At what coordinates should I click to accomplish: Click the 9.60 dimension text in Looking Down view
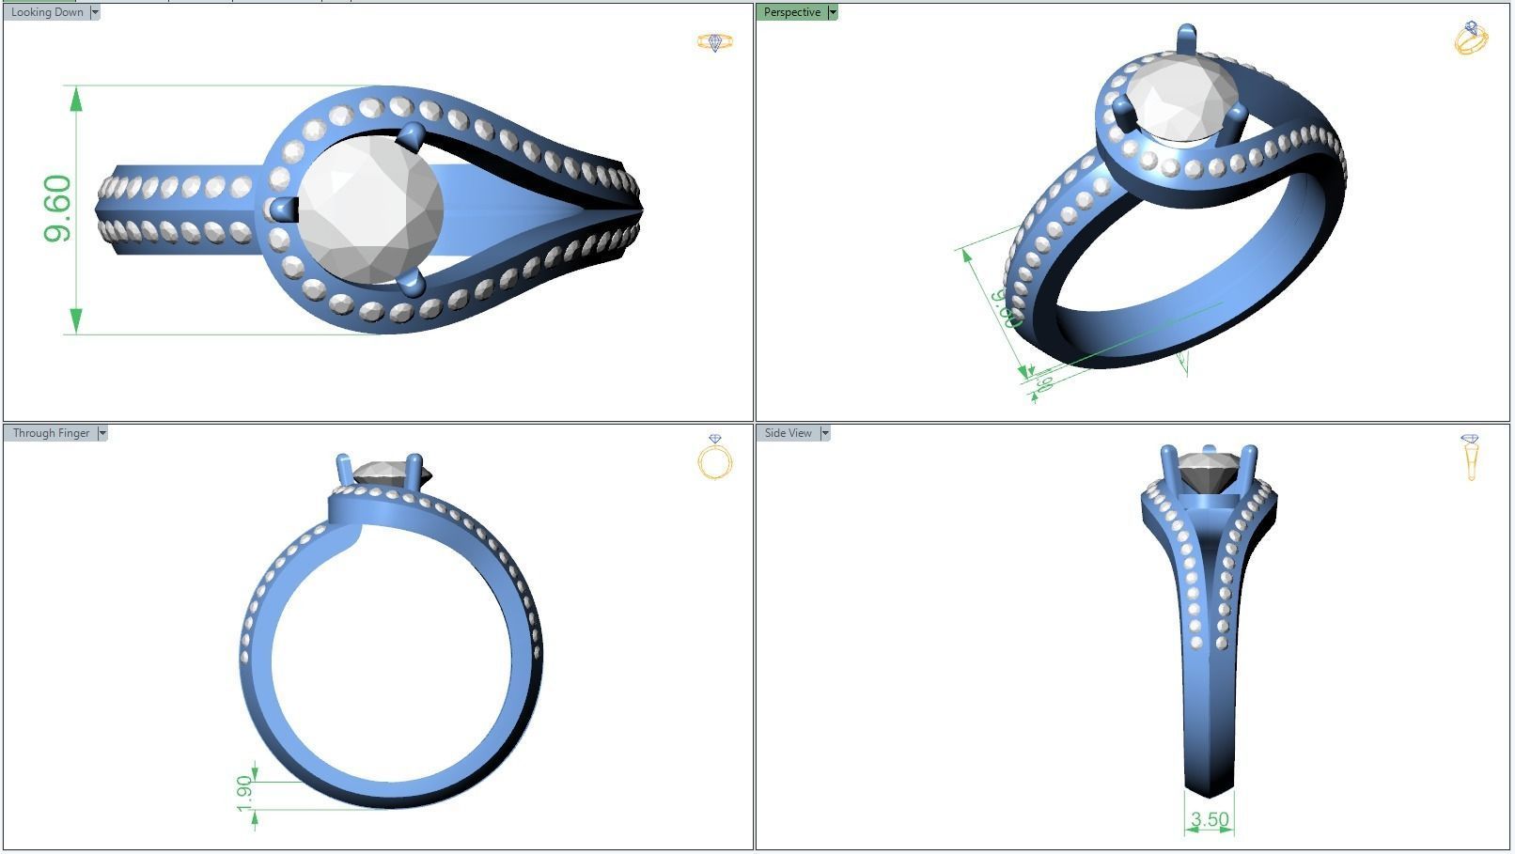(x=57, y=209)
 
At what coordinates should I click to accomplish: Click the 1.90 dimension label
(x=245, y=793)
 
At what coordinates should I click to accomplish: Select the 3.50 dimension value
(x=1209, y=820)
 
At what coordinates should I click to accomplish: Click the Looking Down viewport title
(x=46, y=12)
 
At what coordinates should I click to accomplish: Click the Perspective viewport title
(x=791, y=12)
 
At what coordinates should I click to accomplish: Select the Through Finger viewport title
(x=51, y=433)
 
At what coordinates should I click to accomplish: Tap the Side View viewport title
(x=788, y=433)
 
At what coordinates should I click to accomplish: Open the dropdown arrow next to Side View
(x=825, y=433)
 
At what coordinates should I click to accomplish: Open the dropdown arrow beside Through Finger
(x=102, y=433)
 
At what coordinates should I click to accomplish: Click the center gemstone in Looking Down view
(x=369, y=209)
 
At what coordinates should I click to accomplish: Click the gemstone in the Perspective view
(x=1181, y=99)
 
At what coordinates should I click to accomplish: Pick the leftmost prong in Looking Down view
(x=282, y=209)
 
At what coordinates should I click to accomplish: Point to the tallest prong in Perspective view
(x=1186, y=39)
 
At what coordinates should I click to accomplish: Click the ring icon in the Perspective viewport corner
(x=1471, y=38)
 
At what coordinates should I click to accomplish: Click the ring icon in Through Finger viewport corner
(x=715, y=458)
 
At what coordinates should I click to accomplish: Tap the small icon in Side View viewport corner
(x=1471, y=457)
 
